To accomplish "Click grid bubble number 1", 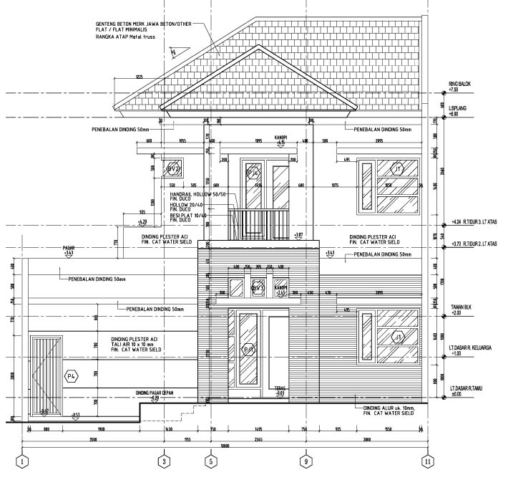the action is point(23,461).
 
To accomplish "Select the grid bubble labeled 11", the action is point(428,461).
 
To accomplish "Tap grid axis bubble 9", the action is point(306,461).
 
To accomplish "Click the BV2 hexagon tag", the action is point(172,168).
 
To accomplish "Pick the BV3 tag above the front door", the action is point(258,288).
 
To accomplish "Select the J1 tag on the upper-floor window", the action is point(399,168).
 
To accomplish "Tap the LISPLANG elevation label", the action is point(458,107).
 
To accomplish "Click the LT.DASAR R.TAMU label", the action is point(470,388).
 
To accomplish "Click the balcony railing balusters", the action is point(258,224).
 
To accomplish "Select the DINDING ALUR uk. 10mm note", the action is point(386,408).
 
